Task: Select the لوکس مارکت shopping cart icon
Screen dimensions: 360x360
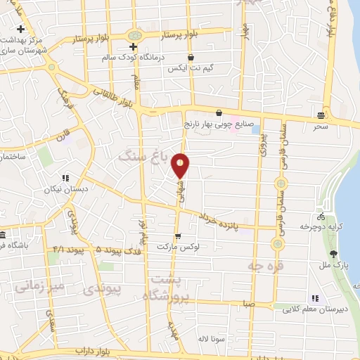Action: [x=178, y=237]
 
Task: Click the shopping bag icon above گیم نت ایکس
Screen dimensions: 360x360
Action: [x=190, y=58]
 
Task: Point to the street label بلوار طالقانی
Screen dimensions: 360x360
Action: [x=113, y=96]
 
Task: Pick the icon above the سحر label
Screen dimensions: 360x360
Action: [x=321, y=115]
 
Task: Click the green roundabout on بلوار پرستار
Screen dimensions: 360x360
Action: [x=134, y=34]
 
